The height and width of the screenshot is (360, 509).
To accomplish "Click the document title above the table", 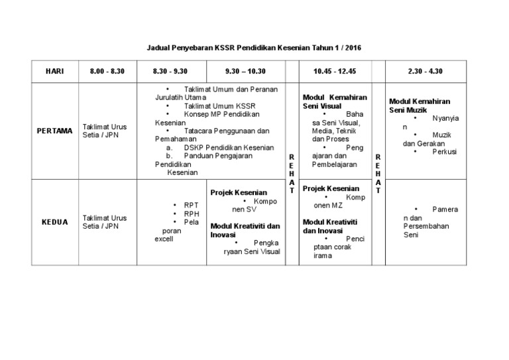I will click(254, 48).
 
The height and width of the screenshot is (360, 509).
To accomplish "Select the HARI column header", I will click(54, 71).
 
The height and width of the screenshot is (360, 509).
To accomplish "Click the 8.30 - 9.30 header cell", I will click(171, 71).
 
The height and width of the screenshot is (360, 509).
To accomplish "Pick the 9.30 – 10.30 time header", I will click(247, 71).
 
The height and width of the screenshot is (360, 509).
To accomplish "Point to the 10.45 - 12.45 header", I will click(335, 71).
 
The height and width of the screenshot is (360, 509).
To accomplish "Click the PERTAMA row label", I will click(54, 131).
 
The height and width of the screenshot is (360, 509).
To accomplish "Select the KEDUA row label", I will click(54, 222).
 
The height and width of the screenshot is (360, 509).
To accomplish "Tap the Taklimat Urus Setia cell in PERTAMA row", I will click(105, 130).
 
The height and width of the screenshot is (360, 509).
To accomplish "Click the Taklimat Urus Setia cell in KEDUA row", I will click(105, 221).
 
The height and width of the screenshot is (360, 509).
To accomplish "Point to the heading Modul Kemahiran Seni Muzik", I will click(420, 105).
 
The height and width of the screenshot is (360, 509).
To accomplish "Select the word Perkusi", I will click(445, 151).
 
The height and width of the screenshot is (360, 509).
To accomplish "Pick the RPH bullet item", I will click(192, 213).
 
